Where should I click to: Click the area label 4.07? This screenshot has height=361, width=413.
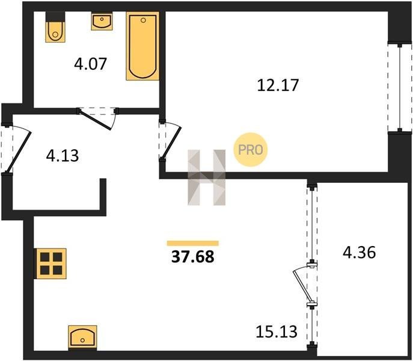point(90,64)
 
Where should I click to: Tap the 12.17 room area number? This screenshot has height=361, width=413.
point(278,85)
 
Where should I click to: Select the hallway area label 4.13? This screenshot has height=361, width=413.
point(63,156)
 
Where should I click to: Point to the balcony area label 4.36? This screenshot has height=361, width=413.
point(359,252)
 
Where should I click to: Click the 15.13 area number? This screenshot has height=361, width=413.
point(277,332)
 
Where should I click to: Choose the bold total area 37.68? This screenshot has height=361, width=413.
point(193,256)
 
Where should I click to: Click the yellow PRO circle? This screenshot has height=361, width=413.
point(251,150)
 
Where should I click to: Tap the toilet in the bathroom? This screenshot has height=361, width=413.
point(55,27)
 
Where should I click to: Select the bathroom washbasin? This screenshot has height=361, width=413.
point(102,21)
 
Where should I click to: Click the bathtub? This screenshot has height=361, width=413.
point(142,46)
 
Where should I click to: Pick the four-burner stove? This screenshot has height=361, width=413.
point(51,264)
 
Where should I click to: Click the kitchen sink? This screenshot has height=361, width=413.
point(82,338)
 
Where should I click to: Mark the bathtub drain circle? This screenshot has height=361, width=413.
point(143,20)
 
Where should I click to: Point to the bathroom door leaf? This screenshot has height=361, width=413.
point(96,120)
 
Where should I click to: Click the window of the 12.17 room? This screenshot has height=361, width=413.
point(400,88)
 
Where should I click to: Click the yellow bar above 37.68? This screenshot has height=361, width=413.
point(193,243)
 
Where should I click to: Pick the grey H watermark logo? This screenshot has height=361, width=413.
point(207,177)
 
